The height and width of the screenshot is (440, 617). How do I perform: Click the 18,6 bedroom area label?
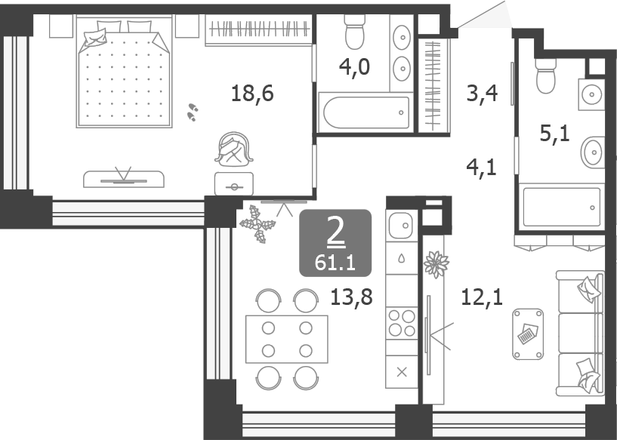click(252, 94)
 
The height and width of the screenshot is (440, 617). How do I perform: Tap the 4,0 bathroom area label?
click(354, 66)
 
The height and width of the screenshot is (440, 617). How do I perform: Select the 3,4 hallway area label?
click(482, 93)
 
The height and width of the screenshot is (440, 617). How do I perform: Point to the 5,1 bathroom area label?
click(555, 134)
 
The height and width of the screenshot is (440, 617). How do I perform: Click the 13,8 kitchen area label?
click(351, 297)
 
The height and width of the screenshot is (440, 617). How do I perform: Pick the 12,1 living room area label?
click(482, 297)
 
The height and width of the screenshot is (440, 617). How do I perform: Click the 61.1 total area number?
click(335, 263)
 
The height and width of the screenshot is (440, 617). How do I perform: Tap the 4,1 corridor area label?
click(482, 168)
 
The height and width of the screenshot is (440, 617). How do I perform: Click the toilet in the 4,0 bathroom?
click(354, 32)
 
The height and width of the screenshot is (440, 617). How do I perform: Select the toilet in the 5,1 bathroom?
click(545, 76)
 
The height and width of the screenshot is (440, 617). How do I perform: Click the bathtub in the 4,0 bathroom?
click(366, 112)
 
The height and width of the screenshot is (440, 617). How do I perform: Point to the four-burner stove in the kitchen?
click(402, 323)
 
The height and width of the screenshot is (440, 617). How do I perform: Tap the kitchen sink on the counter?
click(401, 226)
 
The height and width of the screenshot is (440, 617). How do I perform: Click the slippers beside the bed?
click(192, 112)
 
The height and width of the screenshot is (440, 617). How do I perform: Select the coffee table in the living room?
click(528, 334)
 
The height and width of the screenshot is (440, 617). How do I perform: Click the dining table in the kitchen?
click(287, 339)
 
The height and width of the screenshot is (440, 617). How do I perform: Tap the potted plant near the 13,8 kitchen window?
click(258, 224)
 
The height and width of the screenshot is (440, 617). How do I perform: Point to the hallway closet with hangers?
click(434, 86)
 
